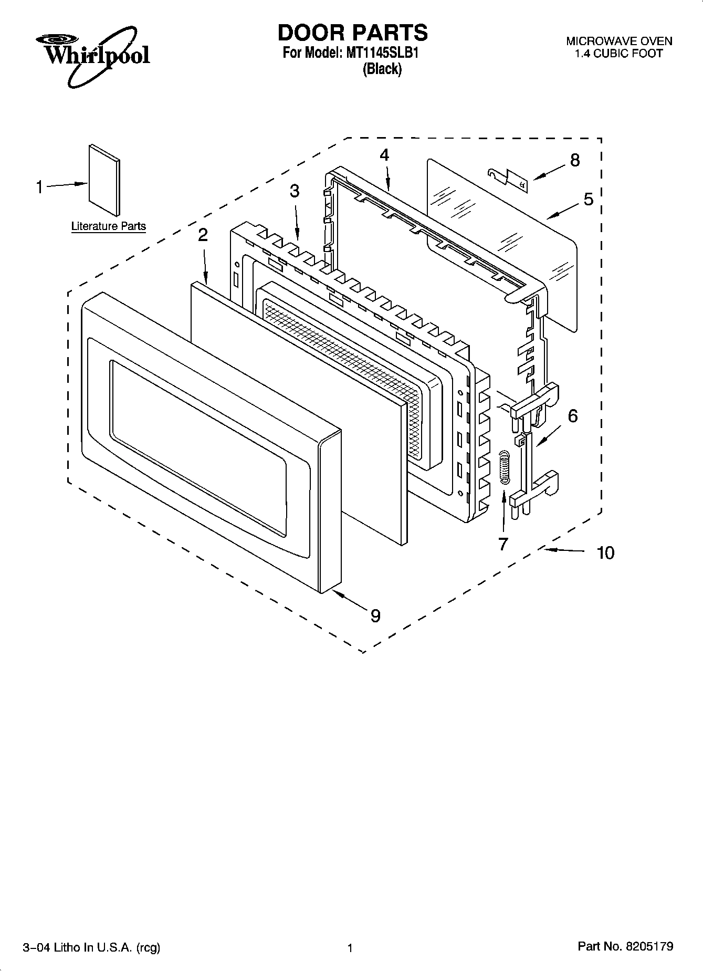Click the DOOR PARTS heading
(x=352, y=33)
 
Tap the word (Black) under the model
(x=382, y=69)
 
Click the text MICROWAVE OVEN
(x=618, y=41)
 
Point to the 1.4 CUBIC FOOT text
(x=618, y=54)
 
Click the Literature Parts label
(x=108, y=226)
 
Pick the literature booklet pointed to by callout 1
(x=104, y=180)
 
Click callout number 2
(x=203, y=235)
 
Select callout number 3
(x=295, y=191)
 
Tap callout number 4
(x=384, y=155)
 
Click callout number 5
(x=588, y=199)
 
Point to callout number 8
(x=575, y=160)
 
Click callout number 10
(x=605, y=552)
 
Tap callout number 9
(x=375, y=615)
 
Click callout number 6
(x=573, y=416)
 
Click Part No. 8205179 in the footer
(x=625, y=946)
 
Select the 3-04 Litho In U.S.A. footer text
(x=91, y=947)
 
